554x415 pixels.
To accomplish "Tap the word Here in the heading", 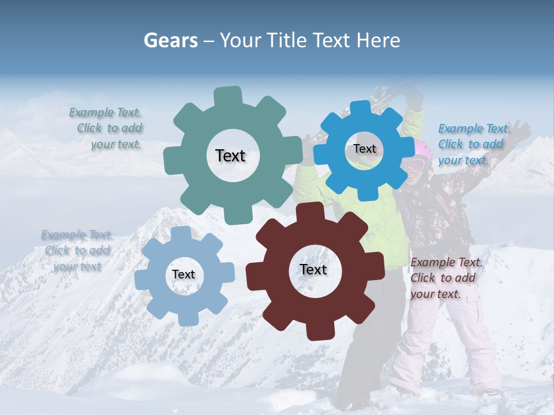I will pyautogui.click(x=378, y=40).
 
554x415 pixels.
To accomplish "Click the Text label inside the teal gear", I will pyautogui.click(x=230, y=156).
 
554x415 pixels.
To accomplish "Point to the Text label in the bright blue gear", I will pyautogui.click(x=364, y=149).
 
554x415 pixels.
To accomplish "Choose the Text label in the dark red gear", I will pyautogui.click(x=313, y=270).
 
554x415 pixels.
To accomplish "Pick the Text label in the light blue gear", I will pyautogui.click(x=184, y=275).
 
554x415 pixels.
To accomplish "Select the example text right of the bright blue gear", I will pyautogui.click(x=473, y=145).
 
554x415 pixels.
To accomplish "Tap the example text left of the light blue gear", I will pyautogui.click(x=76, y=251).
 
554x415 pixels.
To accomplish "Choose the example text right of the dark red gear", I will pyautogui.click(x=444, y=278).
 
